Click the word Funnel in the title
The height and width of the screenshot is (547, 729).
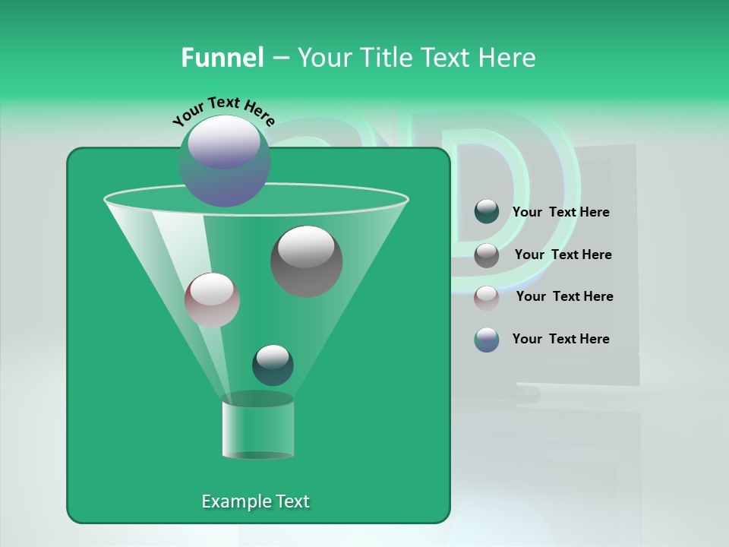pos(222,58)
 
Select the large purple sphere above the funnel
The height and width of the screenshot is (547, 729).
pos(225,161)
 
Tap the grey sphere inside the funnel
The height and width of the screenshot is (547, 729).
pos(307,261)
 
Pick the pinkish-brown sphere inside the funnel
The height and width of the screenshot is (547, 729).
pos(212,299)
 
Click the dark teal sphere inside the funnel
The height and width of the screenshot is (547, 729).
pos(273,365)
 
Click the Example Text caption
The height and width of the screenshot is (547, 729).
pos(255,501)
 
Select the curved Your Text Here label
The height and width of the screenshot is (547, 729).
pos(223,111)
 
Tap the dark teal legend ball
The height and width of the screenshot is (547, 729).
pos(487,212)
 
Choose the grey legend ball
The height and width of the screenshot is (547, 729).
pos(487,255)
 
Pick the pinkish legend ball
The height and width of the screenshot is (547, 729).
pos(487,297)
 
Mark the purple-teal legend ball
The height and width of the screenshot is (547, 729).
pos(487,340)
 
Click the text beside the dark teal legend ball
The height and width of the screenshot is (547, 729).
pos(560,213)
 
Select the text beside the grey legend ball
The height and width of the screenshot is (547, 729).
pos(563,255)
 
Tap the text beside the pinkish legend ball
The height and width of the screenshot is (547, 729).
pos(564,297)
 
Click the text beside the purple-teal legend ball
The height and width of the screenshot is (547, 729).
pos(560,340)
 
